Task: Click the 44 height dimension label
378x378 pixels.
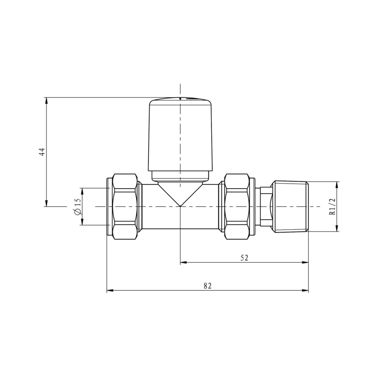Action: pyautogui.click(x=42, y=152)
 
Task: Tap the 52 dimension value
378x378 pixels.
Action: pyautogui.click(x=244, y=258)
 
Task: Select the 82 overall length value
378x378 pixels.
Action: pyautogui.click(x=207, y=286)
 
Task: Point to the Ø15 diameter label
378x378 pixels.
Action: pyautogui.click(x=78, y=207)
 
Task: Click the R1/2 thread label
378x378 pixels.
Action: pyautogui.click(x=333, y=207)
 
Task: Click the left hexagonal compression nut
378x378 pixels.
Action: pyautogui.click(x=125, y=207)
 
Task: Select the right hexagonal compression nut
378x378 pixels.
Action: pyautogui.click(x=237, y=207)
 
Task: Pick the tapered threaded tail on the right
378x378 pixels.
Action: pyautogui.click(x=290, y=207)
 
